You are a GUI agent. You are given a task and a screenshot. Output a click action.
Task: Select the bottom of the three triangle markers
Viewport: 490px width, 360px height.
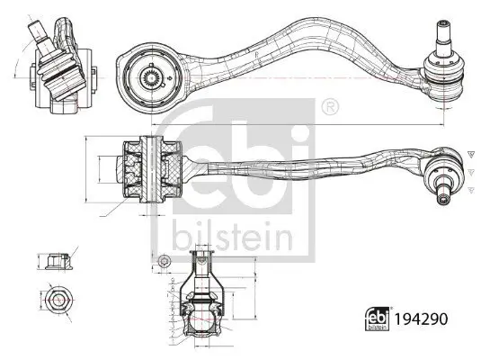(x=469, y=188)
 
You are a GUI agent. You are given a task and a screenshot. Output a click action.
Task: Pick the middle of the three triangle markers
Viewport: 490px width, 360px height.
(x=469, y=170)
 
